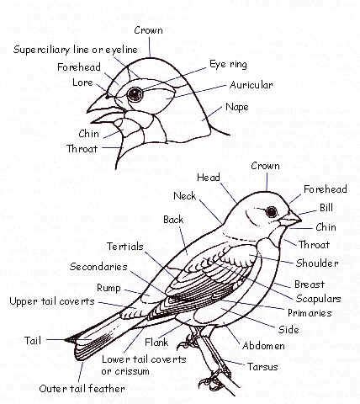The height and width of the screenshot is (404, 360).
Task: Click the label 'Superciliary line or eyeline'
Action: tap(76, 50)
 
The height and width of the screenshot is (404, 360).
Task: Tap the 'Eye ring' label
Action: tap(228, 64)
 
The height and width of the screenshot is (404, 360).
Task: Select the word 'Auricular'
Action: tap(251, 85)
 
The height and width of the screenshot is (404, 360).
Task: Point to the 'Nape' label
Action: tap(237, 107)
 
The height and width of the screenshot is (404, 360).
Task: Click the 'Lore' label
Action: tap(82, 82)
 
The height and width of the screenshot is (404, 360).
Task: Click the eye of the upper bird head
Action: tap(135, 94)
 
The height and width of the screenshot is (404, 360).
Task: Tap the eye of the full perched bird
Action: tap(271, 212)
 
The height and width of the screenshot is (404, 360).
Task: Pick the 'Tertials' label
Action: tap(125, 247)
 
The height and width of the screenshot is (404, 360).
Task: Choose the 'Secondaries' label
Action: tap(98, 267)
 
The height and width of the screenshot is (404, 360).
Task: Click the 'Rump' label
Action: tap(109, 288)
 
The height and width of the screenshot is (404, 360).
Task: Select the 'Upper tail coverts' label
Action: tap(52, 301)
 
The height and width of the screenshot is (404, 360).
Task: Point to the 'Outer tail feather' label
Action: tap(82, 389)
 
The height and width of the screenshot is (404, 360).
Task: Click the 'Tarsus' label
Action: tap(262, 367)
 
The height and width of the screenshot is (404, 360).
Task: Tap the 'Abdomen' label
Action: tap(263, 346)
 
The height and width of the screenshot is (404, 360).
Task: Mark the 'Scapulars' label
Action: tap(318, 299)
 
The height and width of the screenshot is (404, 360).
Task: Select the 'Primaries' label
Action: tap(310, 313)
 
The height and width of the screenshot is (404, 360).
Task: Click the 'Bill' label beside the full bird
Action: tap(326, 208)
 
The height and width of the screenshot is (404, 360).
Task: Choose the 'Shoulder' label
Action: tap(317, 263)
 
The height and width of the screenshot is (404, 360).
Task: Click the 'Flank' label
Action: tap(156, 342)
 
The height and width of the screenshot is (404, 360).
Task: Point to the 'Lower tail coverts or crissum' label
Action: tap(144, 365)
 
